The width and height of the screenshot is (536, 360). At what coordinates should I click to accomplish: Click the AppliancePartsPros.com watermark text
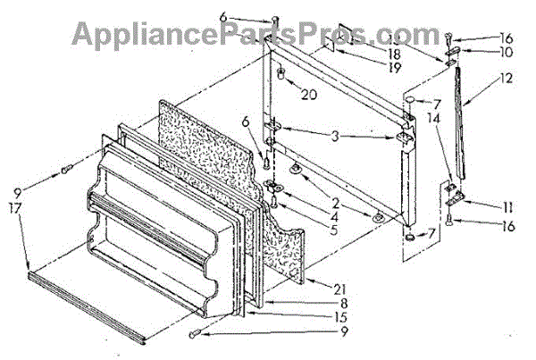(x=267, y=34)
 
